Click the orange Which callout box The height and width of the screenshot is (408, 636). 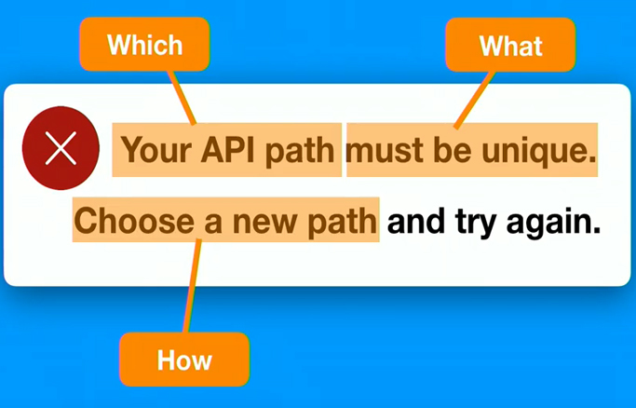tap(144, 44)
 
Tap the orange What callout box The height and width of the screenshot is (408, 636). tap(510, 45)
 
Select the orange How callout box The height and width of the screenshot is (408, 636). tap(184, 360)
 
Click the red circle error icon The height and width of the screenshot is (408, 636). tap(61, 148)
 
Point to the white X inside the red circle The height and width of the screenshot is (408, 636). tap(61, 148)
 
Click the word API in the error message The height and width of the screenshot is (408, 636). tap(227, 149)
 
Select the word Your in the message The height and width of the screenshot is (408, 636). tap(156, 150)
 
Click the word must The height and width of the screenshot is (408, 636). tap(385, 151)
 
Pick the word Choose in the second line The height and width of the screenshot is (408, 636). tap(134, 221)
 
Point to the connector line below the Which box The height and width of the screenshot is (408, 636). tap(183, 97)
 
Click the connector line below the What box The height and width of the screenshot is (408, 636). tap(475, 100)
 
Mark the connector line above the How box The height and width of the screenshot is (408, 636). tap(192, 286)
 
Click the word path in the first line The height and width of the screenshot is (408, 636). tap(300, 152)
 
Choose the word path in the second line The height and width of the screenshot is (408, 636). tap(342, 224)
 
